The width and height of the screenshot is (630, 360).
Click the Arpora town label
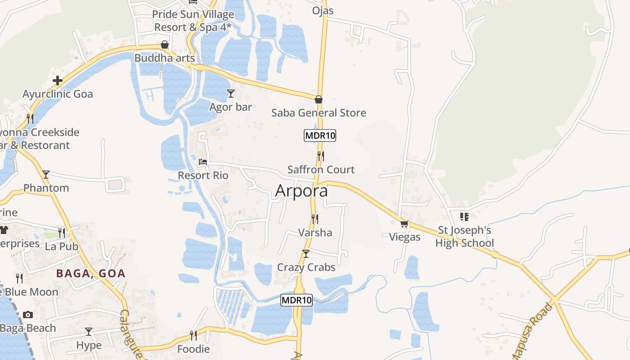pyautogui.click(x=301, y=191)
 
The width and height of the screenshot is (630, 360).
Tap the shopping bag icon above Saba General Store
pyautogui.click(x=319, y=99)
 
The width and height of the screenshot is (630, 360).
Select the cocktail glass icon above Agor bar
pyautogui.click(x=231, y=93)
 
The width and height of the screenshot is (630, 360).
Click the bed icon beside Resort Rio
pyautogui.click(x=203, y=162)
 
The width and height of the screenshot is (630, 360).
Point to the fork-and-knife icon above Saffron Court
pyautogui.click(x=320, y=156)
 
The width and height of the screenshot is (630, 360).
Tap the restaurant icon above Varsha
pyautogui.click(x=315, y=219)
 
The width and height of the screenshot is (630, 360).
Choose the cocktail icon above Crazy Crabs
pyautogui.click(x=306, y=254)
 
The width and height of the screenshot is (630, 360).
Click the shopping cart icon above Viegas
pyautogui.click(x=404, y=224)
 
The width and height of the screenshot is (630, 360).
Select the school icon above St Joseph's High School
pyautogui.click(x=464, y=217)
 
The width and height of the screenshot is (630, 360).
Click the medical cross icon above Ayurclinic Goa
pyautogui.click(x=58, y=81)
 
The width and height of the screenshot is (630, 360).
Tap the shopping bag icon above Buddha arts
pyautogui.click(x=165, y=45)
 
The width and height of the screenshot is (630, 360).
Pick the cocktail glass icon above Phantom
pyautogui.click(x=46, y=175)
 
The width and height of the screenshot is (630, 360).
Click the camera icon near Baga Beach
pyautogui.click(x=28, y=315)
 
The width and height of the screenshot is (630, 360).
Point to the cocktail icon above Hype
pyautogui.click(x=89, y=332)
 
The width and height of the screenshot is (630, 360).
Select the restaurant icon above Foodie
pyautogui.click(x=193, y=335)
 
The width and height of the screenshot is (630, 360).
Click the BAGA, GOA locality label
pyautogui.click(x=90, y=273)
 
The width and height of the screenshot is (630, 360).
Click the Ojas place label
pyautogui.click(x=323, y=10)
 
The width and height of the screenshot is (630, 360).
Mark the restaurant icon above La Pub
pyautogui.click(x=62, y=233)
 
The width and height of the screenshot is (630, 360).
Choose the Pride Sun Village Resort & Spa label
pyautogui.click(x=193, y=21)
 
